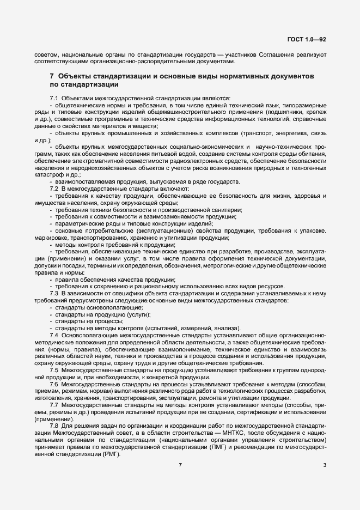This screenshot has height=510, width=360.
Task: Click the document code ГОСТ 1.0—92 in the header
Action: coord(307,40)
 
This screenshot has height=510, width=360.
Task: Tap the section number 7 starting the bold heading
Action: coord(52,77)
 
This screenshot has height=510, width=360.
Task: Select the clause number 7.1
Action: coord(54,98)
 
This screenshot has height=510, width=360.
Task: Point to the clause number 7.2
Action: coord(54,188)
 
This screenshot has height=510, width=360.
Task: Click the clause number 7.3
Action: coord(54,293)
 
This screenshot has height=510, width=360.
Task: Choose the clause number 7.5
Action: coord(54,370)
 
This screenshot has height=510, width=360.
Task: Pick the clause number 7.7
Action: coord(54,405)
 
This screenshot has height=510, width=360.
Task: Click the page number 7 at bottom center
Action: coord(180,465)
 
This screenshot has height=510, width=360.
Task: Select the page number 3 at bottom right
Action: coord(325,465)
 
